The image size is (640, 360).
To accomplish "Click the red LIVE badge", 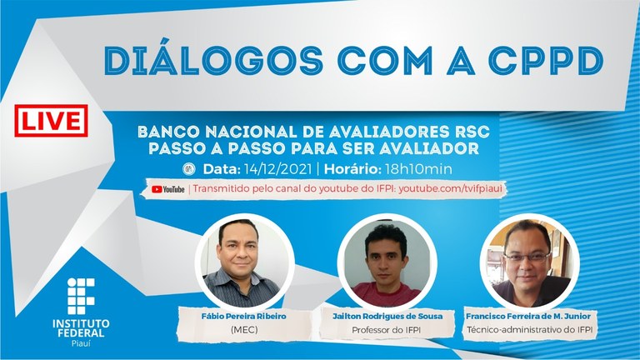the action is [51, 120].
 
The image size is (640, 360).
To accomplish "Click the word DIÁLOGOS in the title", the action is [213, 60].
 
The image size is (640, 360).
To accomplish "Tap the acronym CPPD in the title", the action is [546, 61].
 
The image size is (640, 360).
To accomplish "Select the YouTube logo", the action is [167, 189].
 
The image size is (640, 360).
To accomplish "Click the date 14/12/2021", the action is [277, 169].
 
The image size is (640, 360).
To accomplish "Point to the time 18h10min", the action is [418, 169].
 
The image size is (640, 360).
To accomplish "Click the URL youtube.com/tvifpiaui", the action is [450, 188].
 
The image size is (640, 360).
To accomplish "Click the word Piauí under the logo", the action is [81, 343].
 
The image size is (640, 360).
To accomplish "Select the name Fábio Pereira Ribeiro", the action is [243, 316].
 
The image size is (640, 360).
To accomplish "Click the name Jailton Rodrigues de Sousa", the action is [387, 316].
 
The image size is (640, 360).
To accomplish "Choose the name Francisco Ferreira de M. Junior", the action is [528, 316].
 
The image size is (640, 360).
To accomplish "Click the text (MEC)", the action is [244, 329].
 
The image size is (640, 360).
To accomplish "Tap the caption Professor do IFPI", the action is [386, 330].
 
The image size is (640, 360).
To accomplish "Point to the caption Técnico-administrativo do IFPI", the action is [529, 329].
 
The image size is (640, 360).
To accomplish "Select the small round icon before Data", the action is [189, 169].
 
